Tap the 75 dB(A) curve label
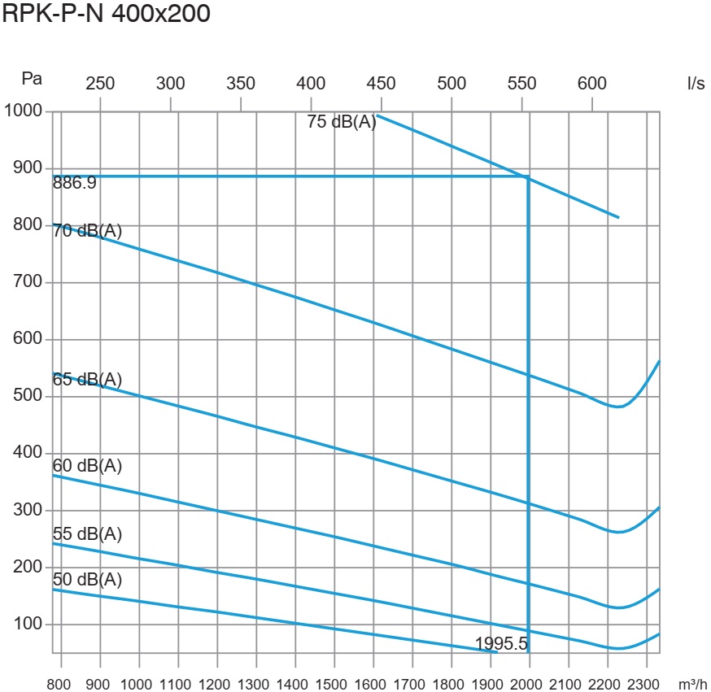click(342, 123)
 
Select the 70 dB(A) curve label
click(87, 231)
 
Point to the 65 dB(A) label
click(87, 380)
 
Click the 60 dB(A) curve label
click(87, 466)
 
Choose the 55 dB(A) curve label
click(87, 534)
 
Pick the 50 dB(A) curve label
click(87, 580)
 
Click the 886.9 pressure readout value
click(74, 184)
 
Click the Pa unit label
click(32, 79)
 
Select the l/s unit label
click(696, 84)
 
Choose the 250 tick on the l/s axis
click(100, 83)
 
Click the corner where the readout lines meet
click(529, 176)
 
